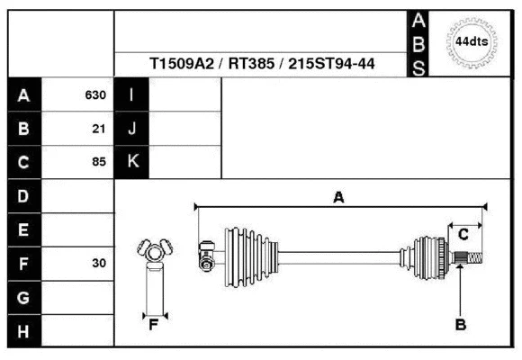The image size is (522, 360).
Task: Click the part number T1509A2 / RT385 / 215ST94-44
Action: coord(262,64)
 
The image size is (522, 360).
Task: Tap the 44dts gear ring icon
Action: coord(472,41)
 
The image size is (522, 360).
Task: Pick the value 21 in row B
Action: coord(99,129)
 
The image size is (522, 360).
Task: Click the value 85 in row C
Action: coord(99,163)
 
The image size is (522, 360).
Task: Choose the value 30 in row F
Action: coord(99,264)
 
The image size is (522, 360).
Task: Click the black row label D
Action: coord(23,196)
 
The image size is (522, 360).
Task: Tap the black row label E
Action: coord(23,230)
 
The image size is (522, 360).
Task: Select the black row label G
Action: coord(23,298)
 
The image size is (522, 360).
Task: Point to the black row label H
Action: coord(23,332)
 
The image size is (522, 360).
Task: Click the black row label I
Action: coord(131,94)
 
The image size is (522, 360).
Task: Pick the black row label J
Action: coord(131,129)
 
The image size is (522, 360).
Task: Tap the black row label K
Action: coord(131,163)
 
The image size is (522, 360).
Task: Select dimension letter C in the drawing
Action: coord(463,235)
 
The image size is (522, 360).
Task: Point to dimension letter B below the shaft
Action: coord(460,326)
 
